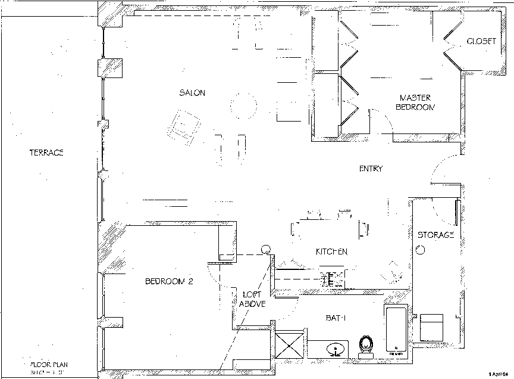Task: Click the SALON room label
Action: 192,92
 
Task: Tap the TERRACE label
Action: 46,153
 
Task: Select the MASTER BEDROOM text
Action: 415,102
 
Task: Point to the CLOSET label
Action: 481,41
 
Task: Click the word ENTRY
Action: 371,169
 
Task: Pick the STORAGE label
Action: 435,235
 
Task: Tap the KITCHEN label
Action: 331,251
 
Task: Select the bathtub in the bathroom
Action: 396,331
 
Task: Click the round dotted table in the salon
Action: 243,106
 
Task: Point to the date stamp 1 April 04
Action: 500,374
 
